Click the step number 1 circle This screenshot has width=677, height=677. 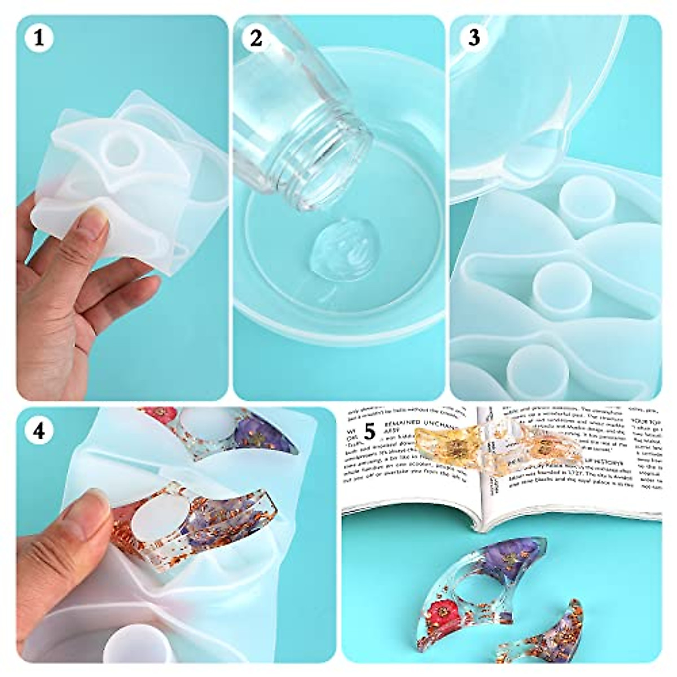pos(38,38)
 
